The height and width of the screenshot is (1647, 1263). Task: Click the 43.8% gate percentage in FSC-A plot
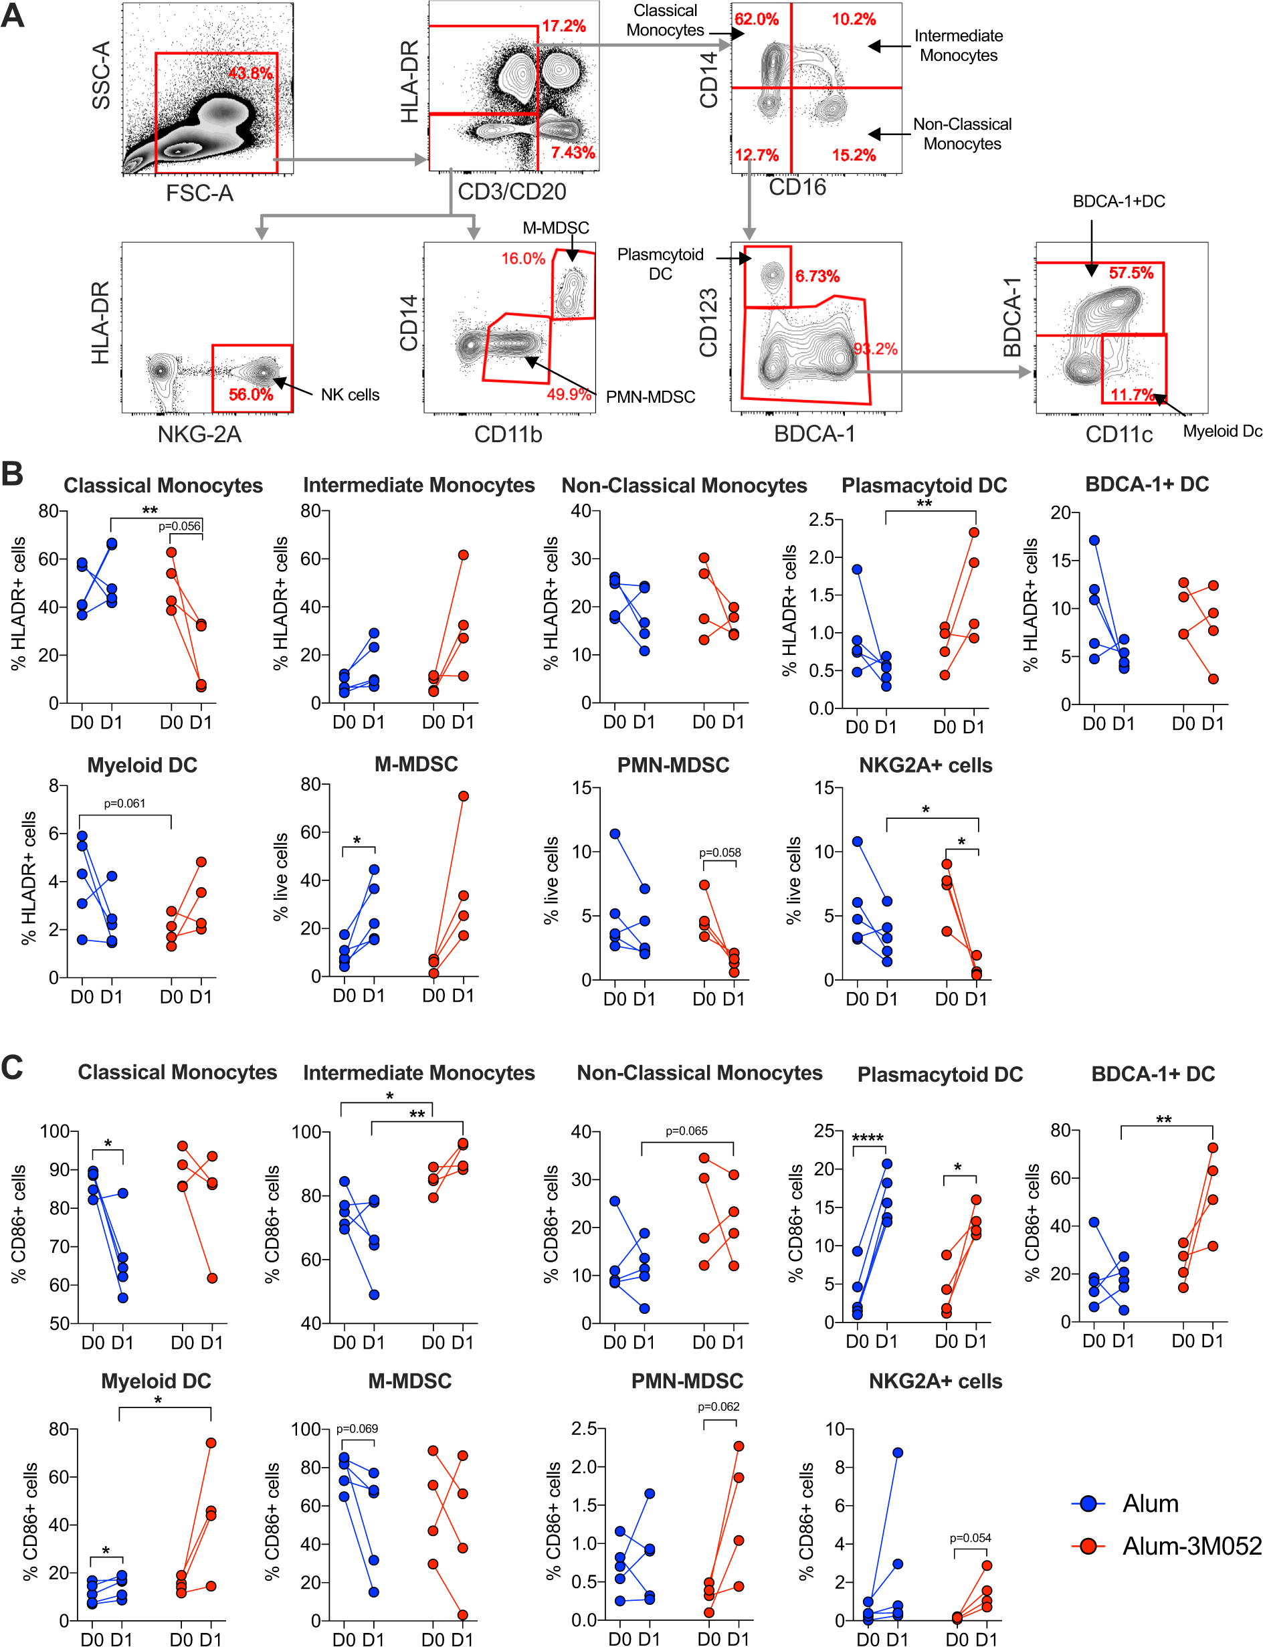click(250, 73)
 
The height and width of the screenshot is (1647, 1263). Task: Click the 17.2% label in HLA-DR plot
click(563, 26)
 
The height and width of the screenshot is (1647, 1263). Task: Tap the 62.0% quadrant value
click(757, 19)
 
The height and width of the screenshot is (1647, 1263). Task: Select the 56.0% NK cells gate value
click(250, 394)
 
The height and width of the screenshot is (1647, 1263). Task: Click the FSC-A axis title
click(199, 193)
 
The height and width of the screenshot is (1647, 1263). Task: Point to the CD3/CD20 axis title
click(511, 192)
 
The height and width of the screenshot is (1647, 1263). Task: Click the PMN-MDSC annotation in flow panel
click(650, 396)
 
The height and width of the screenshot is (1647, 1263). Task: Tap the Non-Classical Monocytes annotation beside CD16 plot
click(961, 134)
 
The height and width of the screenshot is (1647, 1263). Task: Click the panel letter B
click(13, 474)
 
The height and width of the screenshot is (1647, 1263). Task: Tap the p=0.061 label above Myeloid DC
click(125, 803)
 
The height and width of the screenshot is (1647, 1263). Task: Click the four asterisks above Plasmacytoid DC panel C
click(868, 1138)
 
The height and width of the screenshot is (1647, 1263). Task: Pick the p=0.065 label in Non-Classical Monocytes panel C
click(686, 1131)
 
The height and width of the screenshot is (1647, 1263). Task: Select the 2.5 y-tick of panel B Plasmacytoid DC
click(821, 519)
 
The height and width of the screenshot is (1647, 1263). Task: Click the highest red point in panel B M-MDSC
click(463, 796)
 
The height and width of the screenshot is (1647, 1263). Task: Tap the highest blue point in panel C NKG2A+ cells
click(898, 1453)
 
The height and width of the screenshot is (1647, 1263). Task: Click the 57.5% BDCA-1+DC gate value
click(1131, 273)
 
